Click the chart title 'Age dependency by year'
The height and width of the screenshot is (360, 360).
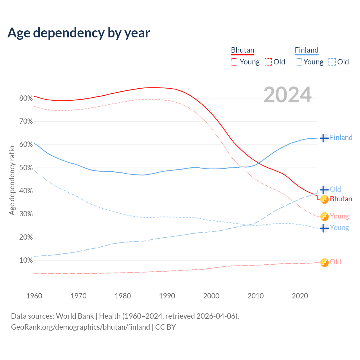point(79,33)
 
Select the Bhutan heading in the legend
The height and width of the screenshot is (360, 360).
point(242,50)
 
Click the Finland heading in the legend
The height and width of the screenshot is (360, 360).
point(307,50)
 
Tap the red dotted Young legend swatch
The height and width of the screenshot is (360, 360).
point(235,62)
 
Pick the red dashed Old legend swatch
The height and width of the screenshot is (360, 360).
point(268,62)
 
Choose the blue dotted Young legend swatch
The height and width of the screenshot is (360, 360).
point(298,62)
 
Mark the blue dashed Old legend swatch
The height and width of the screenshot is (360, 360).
point(332,62)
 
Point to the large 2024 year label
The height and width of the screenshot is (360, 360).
point(287,95)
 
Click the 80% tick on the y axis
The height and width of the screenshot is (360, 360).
point(26,98)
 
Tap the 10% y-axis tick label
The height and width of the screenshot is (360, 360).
point(26,260)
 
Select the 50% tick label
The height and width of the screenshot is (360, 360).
point(26,168)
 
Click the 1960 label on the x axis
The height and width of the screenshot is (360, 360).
point(34,296)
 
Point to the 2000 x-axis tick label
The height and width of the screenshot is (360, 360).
point(211,296)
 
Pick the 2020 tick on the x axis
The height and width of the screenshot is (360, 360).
point(300,296)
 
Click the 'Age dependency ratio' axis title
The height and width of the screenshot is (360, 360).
point(12,180)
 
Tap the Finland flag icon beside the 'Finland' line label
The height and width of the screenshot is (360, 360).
point(324,138)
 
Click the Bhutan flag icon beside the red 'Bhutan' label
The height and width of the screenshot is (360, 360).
point(324,199)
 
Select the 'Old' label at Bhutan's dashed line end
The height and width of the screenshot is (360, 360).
point(335,262)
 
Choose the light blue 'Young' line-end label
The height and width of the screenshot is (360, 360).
point(339,228)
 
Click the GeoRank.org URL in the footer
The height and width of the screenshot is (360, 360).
point(80,327)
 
